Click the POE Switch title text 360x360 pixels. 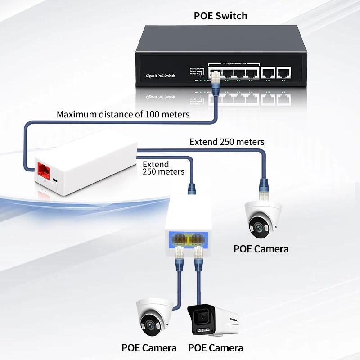(220, 16)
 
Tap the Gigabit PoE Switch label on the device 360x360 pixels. (161, 76)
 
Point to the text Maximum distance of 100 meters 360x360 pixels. (123, 114)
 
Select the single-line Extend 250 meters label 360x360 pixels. (227, 142)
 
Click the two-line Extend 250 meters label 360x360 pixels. (163, 168)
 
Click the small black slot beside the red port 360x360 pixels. (54, 180)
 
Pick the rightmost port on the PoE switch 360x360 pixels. (283, 72)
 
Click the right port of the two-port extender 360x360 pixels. (199, 239)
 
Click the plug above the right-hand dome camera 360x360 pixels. (262, 185)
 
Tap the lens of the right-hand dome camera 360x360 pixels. (258, 226)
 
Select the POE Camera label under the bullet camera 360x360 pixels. (216, 348)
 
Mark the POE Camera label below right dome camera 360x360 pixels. (261, 249)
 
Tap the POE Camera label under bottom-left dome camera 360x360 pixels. (149, 348)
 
